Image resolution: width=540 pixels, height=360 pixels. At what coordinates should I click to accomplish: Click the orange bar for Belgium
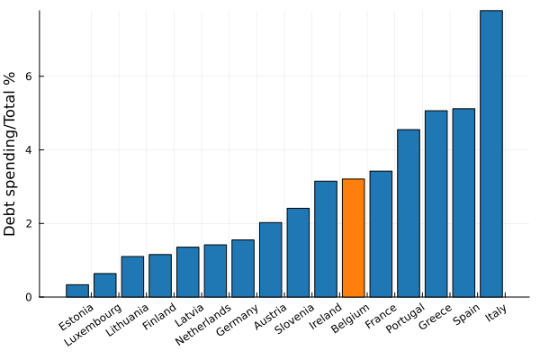[354, 238]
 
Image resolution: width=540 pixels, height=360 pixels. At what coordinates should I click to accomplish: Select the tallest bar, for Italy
[491, 153]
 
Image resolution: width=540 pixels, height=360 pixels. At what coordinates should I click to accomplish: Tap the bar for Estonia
[77, 291]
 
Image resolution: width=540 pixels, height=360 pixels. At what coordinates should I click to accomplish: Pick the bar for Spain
[463, 202]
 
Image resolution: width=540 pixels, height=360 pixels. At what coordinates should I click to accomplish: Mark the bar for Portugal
[409, 213]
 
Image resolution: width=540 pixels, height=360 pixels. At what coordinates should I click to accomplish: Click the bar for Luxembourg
[105, 285]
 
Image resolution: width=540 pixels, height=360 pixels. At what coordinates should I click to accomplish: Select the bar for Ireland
[326, 238]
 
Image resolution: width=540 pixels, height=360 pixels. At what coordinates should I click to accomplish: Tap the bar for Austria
[271, 259]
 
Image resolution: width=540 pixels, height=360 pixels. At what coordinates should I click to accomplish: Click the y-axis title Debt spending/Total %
[11, 153]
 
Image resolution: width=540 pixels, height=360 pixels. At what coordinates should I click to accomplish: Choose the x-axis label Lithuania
[125, 319]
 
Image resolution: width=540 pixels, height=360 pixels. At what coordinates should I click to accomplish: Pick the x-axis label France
[381, 316]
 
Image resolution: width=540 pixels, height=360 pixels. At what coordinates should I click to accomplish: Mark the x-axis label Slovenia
[294, 319]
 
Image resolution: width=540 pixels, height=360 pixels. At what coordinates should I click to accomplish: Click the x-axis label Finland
[158, 317]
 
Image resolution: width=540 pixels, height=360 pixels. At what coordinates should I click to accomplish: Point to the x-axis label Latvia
[190, 315]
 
